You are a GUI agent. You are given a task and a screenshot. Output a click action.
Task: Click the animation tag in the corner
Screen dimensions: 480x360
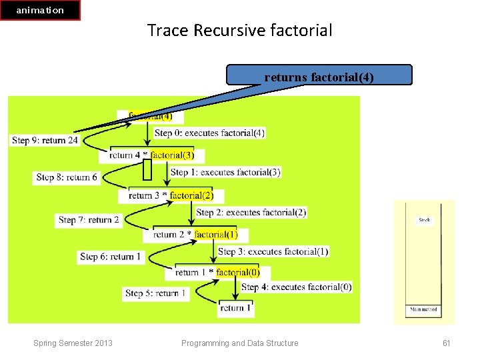tap(40, 10)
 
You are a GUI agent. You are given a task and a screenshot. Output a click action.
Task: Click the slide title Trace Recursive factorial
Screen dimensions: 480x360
tap(239, 30)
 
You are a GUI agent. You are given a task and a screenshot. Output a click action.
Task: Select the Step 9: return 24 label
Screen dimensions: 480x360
tap(45, 141)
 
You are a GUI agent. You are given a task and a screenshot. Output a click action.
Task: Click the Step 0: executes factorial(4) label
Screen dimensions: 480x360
tap(209, 133)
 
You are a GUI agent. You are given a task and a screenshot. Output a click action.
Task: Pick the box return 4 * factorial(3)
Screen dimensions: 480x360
tap(151, 155)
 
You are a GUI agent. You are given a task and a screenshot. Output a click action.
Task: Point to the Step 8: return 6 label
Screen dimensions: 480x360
tap(67, 177)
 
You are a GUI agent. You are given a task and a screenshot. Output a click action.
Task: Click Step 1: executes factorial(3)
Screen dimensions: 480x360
tap(225, 172)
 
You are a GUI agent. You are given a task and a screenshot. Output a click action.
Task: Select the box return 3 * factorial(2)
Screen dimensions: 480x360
tap(171, 195)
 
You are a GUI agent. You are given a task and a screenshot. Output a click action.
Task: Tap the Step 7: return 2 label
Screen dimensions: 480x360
tap(89, 219)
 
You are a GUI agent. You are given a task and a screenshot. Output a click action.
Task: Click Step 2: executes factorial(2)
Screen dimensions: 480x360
tap(251, 212)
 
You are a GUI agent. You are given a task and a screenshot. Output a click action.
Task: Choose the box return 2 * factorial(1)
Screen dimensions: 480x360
tap(195, 235)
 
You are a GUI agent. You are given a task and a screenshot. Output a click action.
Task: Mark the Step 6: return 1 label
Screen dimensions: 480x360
tap(111, 257)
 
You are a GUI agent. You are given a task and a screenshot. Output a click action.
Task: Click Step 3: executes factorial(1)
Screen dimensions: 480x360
tap(273, 251)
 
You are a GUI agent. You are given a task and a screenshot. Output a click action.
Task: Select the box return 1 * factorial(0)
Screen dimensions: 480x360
tap(217, 272)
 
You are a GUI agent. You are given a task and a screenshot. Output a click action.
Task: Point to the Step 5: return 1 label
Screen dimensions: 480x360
tap(156, 293)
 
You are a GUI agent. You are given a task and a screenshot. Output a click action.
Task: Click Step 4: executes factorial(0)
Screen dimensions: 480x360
tap(296, 287)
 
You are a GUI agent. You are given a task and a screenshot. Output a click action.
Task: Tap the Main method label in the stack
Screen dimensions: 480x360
tap(423, 310)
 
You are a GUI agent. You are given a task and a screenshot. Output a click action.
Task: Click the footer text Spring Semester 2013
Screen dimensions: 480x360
tap(73, 343)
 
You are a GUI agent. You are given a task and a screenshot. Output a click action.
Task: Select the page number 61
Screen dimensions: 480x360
tap(447, 343)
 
